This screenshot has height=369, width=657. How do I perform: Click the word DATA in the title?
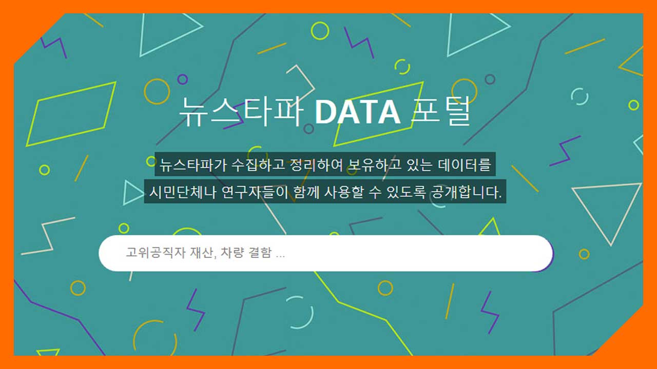(357, 112)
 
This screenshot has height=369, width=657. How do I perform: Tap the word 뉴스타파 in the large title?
(241, 112)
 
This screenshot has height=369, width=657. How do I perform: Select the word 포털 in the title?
(441, 111)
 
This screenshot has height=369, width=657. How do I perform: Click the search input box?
(326, 253)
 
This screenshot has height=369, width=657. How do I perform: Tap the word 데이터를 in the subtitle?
(465, 165)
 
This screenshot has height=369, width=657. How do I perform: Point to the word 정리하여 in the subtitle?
(316, 165)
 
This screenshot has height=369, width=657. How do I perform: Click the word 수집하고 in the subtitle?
(258, 165)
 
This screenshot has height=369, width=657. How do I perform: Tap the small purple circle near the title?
(182, 79)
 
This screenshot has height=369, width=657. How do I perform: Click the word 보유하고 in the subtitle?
(374, 165)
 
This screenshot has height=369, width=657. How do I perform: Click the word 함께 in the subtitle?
(306, 192)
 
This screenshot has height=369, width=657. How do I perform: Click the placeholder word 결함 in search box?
(260, 253)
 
